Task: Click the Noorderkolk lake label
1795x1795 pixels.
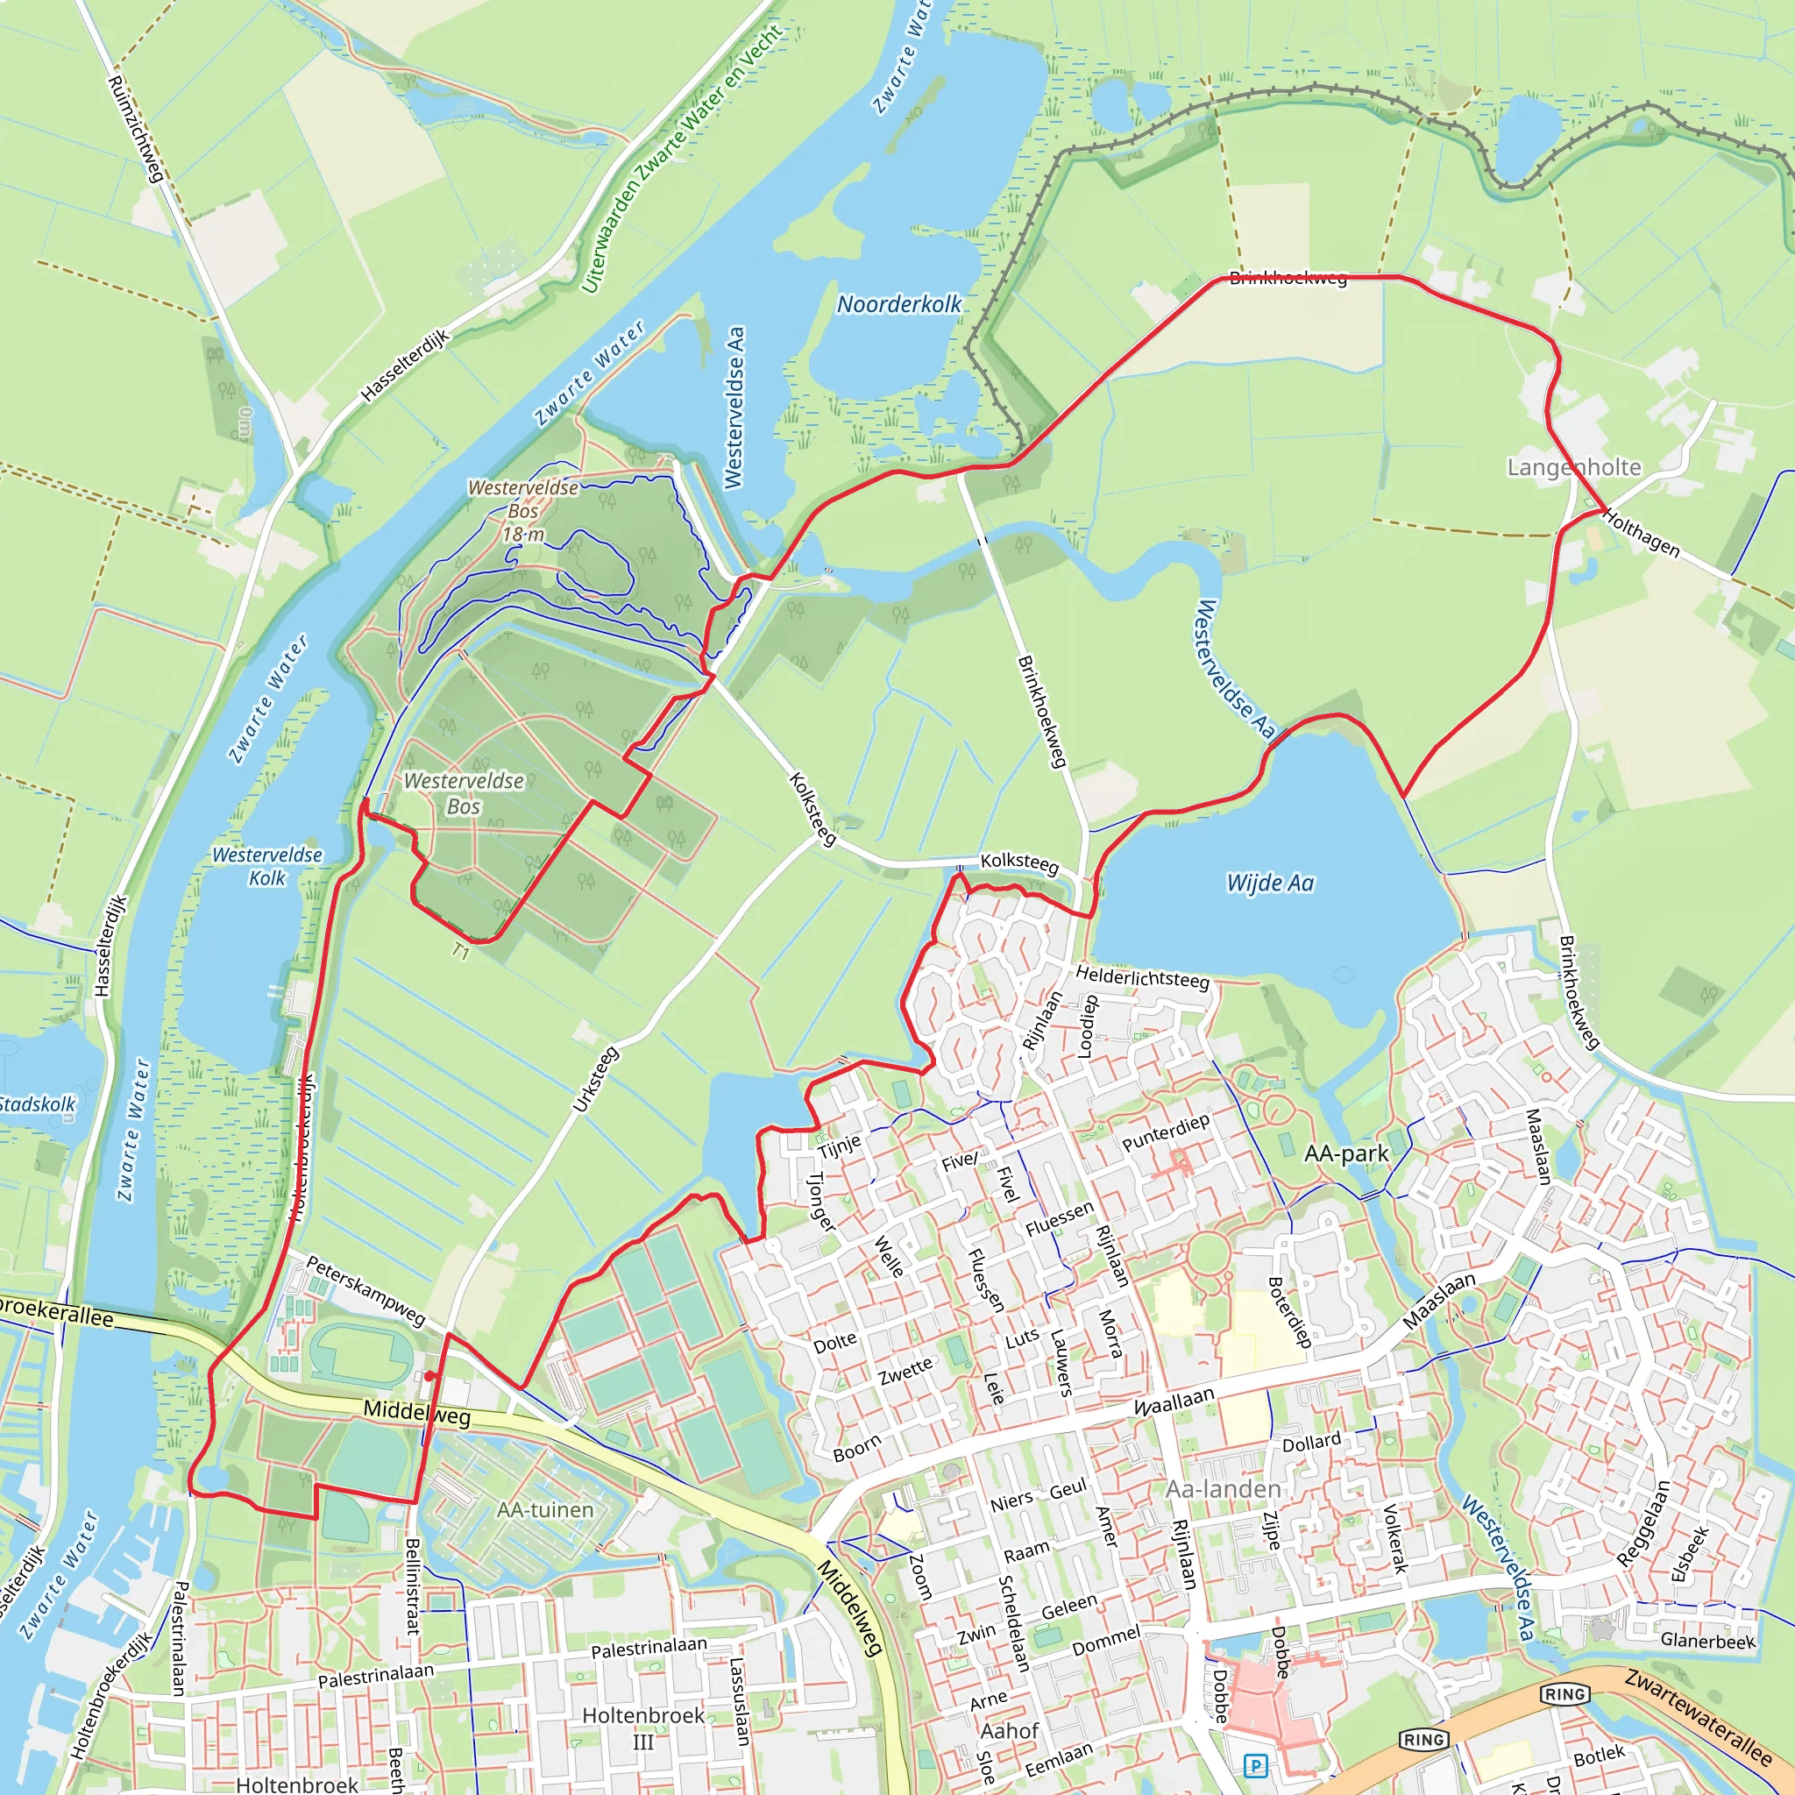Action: coord(898,304)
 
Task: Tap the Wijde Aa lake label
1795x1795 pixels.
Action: coord(1270,883)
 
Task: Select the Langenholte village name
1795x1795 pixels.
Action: coord(1574,466)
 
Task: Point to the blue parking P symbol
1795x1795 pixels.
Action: coord(1256,1766)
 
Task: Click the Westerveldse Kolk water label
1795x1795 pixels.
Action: coord(267,866)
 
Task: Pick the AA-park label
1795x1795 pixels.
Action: coord(1346,1153)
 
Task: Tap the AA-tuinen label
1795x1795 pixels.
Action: coord(544,1510)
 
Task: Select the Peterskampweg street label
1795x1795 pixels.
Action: coord(365,1290)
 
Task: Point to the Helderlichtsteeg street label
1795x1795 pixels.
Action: coord(1143,977)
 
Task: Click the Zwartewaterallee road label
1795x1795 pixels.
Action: coord(1699,1718)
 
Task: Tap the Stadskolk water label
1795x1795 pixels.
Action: coord(37,1103)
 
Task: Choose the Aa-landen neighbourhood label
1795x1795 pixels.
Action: coord(1223,1488)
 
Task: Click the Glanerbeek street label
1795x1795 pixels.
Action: coord(1707,1641)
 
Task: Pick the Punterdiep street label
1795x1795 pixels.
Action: coord(1166,1132)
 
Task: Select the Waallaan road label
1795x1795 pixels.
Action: coord(1174,1401)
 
